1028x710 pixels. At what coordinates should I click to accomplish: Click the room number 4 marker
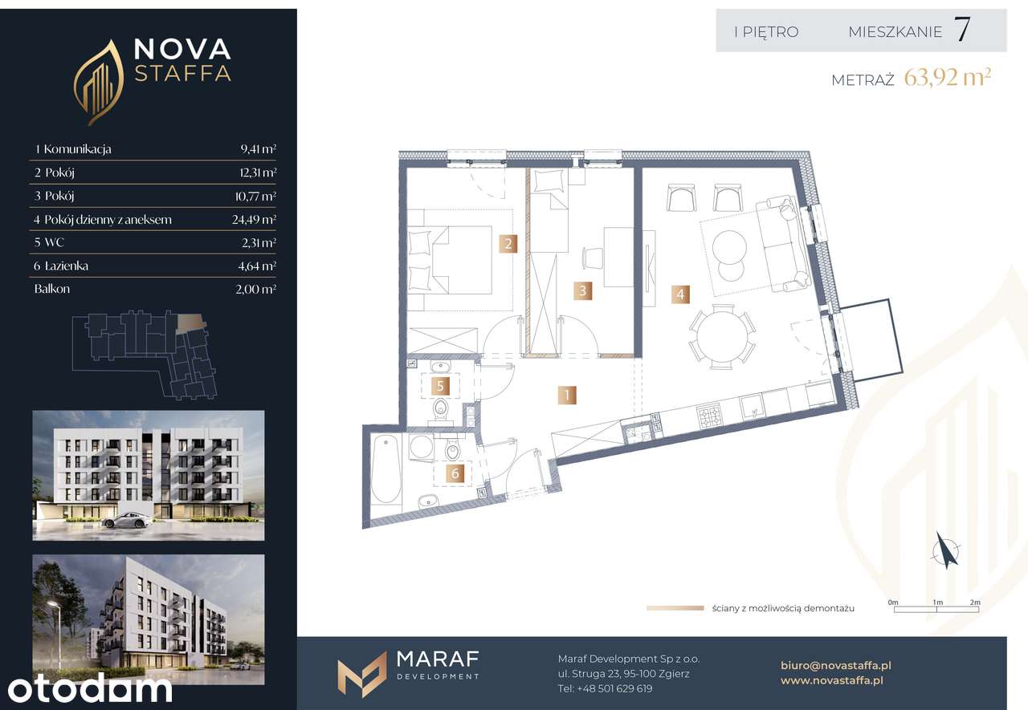[x=680, y=294]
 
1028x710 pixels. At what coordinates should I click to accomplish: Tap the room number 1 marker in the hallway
[x=567, y=395]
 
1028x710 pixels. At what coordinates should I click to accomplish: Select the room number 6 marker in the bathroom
[x=455, y=473]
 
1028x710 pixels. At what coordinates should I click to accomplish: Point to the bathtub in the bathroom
[x=386, y=470]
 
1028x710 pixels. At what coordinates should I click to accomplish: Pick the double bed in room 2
[x=450, y=260]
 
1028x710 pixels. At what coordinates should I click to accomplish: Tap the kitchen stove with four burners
[x=709, y=416]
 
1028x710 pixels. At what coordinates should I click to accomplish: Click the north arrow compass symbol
[x=945, y=551]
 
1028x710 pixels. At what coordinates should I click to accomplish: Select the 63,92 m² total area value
[x=947, y=78]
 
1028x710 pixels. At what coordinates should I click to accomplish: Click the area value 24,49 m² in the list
[x=254, y=220]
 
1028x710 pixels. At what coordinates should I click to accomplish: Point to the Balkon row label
[x=52, y=289]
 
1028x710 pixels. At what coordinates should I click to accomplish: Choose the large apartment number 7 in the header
[x=961, y=30]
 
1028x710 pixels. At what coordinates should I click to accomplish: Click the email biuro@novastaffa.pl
[x=836, y=665]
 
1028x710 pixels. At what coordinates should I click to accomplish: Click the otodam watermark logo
[x=90, y=689]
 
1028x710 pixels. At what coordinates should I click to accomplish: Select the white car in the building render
[x=127, y=520]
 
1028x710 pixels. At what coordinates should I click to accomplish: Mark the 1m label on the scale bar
[x=937, y=602]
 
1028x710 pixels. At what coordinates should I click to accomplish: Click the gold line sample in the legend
[x=675, y=608]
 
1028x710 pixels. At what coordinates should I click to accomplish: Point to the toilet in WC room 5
[x=441, y=408]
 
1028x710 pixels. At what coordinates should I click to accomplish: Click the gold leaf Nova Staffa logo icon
[x=98, y=83]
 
